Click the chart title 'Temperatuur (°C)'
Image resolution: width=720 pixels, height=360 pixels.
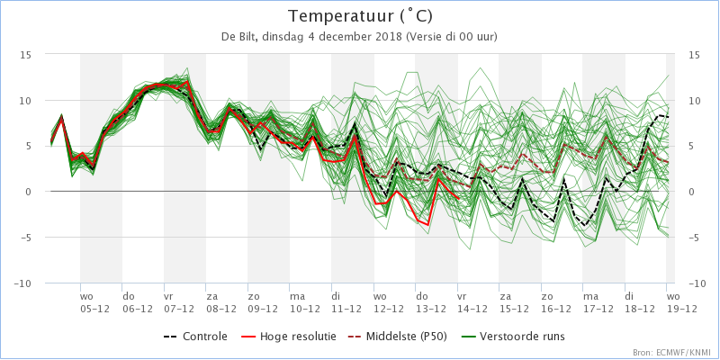click(360, 16)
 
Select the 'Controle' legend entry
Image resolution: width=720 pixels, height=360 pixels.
click(195, 337)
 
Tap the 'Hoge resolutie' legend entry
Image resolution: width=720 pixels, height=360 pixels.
click(288, 337)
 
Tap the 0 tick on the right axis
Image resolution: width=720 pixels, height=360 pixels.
click(691, 192)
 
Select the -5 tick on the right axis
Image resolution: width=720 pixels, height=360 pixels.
click(695, 238)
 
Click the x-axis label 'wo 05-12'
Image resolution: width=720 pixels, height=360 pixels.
click(94, 303)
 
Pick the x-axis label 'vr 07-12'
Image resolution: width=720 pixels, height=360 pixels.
click(178, 303)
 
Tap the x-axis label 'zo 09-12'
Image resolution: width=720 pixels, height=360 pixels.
click(262, 303)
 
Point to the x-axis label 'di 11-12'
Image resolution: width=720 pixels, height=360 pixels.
click(346, 303)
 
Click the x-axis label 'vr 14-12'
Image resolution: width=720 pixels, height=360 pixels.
click(472, 303)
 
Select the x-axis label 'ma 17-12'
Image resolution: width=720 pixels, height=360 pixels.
click(598, 303)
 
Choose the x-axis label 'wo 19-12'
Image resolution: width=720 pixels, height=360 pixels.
click(681, 303)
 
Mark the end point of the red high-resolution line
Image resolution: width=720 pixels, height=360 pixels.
click(459, 198)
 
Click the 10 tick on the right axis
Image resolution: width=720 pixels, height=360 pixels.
click(695, 101)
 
